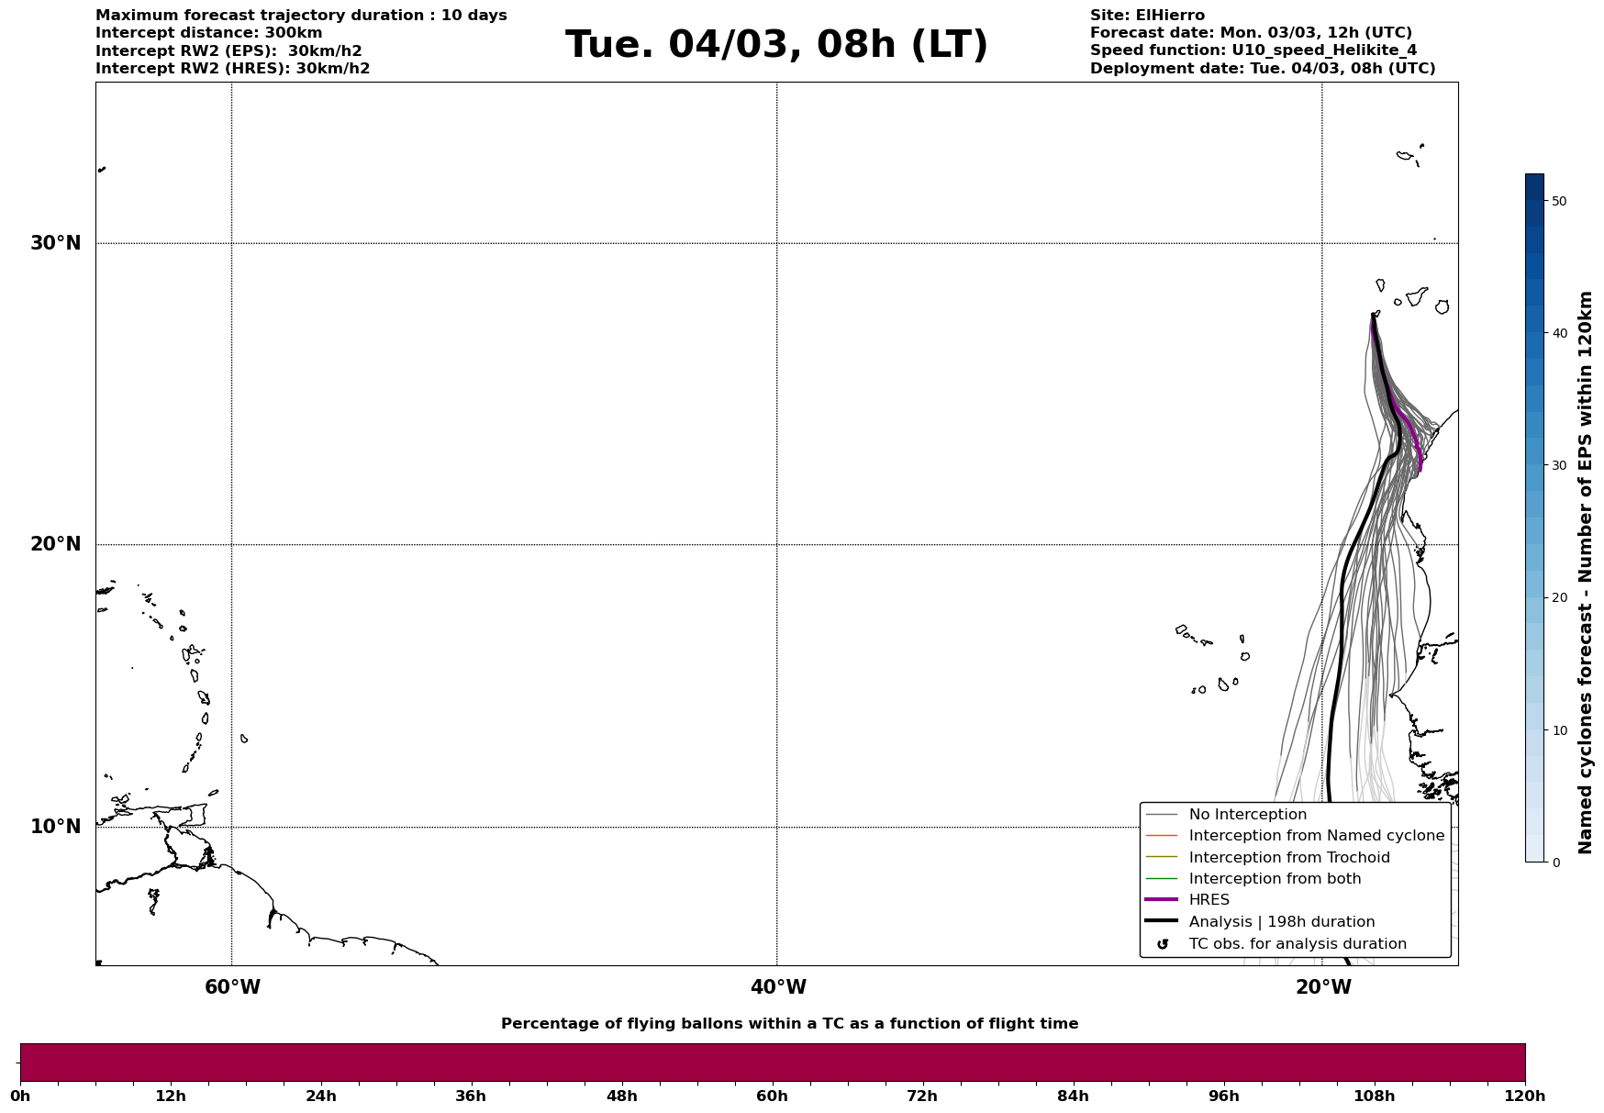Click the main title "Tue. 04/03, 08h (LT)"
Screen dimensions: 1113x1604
click(776, 45)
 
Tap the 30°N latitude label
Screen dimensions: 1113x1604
click(56, 243)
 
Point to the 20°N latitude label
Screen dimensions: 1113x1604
click(56, 544)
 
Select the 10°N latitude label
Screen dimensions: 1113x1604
click(56, 827)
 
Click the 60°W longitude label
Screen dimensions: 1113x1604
click(232, 987)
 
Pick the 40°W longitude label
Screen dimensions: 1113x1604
click(778, 987)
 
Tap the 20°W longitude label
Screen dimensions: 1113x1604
click(1323, 987)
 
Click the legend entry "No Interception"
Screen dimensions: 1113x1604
click(1247, 815)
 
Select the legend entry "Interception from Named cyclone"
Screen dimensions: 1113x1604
click(1316, 836)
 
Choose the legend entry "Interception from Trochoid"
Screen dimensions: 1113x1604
click(1288, 858)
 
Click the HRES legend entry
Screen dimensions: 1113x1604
click(1209, 900)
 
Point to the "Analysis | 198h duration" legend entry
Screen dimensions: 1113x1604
click(1281, 922)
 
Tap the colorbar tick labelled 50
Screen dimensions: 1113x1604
click(1558, 201)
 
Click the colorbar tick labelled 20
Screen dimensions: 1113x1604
click(1558, 598)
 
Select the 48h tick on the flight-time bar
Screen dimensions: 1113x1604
click(621, 1096)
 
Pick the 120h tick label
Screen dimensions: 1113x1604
click(1524, 1096)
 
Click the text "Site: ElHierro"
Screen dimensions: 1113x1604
click(1147, 16)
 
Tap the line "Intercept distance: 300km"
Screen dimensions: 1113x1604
click(208, 33)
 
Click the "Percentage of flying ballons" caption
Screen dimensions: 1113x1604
click(789, 1024)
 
